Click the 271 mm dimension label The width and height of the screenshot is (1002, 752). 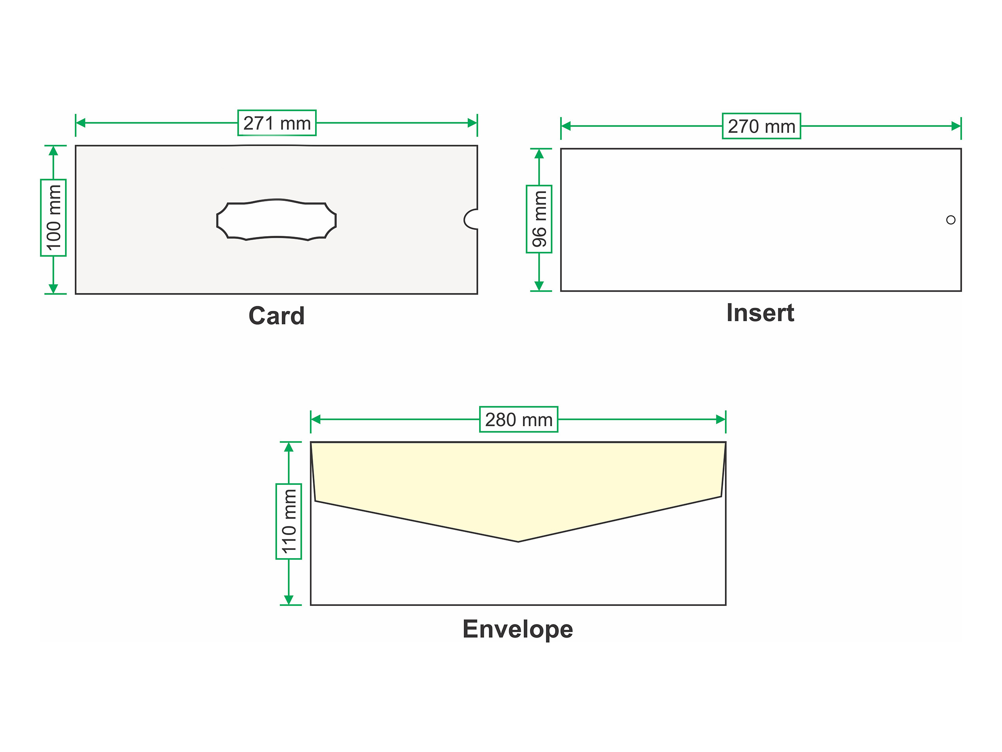[277, 123]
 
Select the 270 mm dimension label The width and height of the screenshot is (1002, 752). [761, 126]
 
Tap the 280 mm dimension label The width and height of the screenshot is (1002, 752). [519, 419]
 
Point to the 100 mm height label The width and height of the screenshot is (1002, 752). [54, 218]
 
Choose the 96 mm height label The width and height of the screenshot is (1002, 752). [539, 219]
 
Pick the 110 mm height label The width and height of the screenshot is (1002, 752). [289, 521]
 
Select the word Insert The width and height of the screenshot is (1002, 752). [760, 313]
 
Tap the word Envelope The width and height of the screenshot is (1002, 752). [518, 629]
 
